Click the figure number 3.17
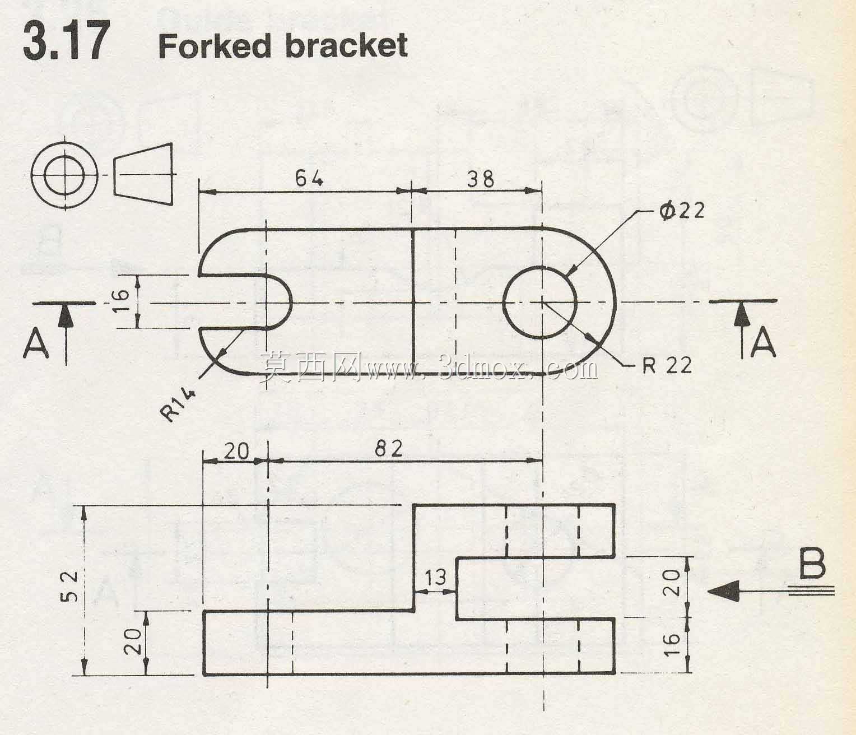point(67,40)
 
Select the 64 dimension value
point(309,179)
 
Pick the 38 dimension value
point(481,179)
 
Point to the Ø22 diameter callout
point(682,211)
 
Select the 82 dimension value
point(388,448)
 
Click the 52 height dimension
point(69,587)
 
